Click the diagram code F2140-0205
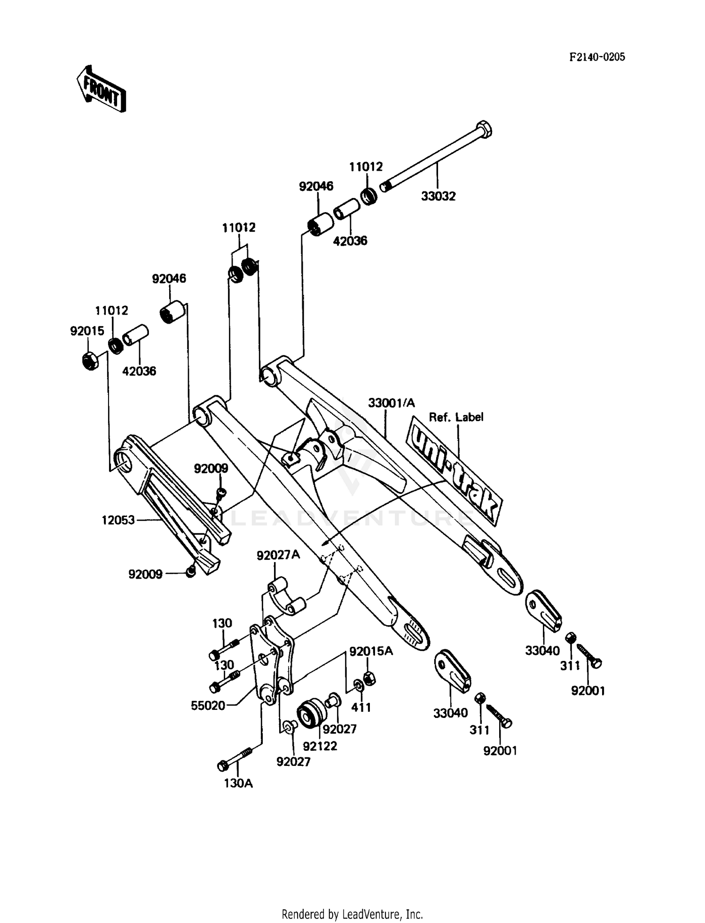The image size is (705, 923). tap(597, 57)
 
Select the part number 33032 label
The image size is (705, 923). tap(438, 196)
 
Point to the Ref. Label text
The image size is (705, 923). tap(456, 417)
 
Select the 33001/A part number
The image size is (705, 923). tap(392, 403)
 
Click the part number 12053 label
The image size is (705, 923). tap(118, 520)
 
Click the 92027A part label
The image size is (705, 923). tap(278, 555)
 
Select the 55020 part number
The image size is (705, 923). tap(208, 705)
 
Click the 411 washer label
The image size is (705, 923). tap(361, 707)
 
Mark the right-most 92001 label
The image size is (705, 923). tap(588, 691)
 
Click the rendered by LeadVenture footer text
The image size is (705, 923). tap(352, 914)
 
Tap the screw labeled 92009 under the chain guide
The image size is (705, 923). tap(190, 572)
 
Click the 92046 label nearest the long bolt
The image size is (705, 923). tap(316, 186)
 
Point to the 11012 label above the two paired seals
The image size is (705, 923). tap(239, 228)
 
